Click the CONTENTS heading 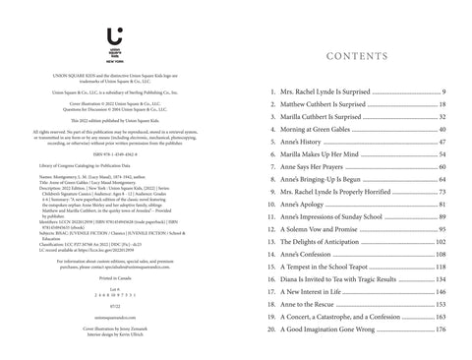360,56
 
